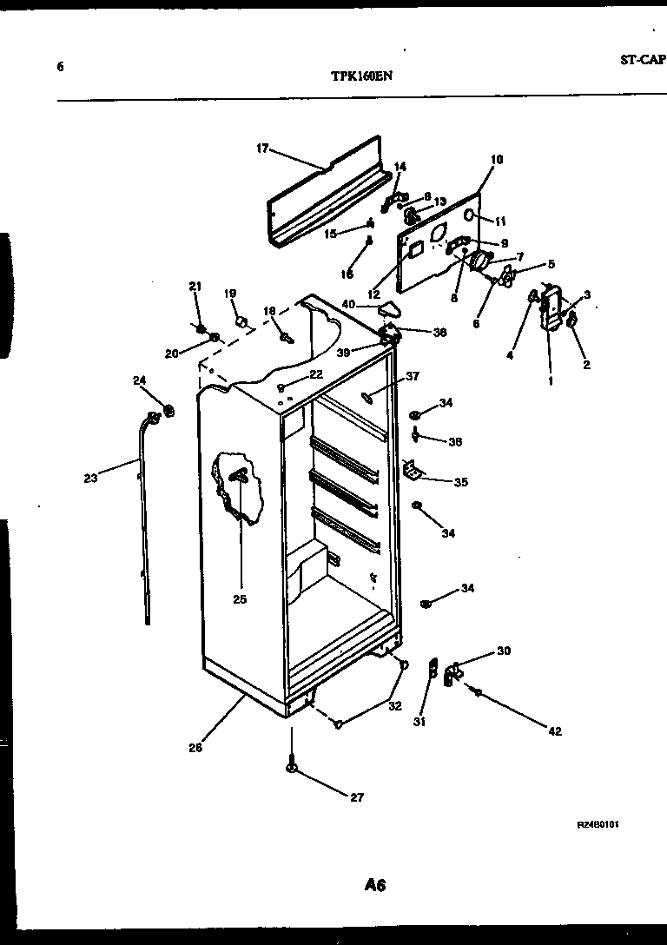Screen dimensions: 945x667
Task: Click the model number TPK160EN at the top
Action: (x=361, y=76)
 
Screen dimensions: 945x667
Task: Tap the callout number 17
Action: (x=261, y=149)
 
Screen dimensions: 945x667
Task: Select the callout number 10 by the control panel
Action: (x=496, y=159)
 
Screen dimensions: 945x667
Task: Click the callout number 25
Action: (x=240, y=598)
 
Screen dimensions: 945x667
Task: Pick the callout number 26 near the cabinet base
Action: (x=195, y=747)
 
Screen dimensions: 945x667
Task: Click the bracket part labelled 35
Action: (x=413, y=471)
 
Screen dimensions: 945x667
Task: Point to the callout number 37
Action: (x=413, y=376)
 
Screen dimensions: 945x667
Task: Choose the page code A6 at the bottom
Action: (x=374, y=886)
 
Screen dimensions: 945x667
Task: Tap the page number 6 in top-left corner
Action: (x=60, y=66)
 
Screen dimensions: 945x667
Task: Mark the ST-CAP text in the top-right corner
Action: (x=642, y=59)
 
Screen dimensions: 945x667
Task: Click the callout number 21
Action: (x=195, y=286)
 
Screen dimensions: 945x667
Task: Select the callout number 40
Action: (x=348, y=304)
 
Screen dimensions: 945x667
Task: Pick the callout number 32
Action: (x=395, y=706)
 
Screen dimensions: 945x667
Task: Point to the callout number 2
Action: (x=586, y=365)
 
